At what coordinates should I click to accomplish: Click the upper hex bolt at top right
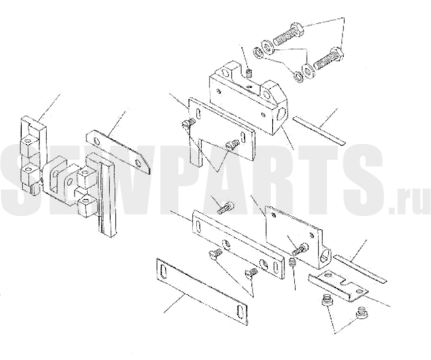click(x=289, y=34)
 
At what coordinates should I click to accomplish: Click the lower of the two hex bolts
click(x=328, y=59)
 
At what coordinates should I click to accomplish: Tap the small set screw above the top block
click(x=249, y=73)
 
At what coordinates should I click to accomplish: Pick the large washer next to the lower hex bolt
click(x=307, y=70)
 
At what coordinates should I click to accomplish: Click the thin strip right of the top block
click(x=318, y=130)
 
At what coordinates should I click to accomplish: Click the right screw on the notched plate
click(x=231, y=145)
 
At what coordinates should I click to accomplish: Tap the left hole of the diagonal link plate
click(x=96, y=142)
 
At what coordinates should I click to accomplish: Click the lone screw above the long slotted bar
click(x=225, y=208)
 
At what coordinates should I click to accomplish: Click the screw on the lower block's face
click(x=300, y=249)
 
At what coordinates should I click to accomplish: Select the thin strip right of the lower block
click(x=360, y=268)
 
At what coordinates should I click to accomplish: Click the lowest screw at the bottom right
click(x=361, y=313)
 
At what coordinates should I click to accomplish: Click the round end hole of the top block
click(x=282, y=113)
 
